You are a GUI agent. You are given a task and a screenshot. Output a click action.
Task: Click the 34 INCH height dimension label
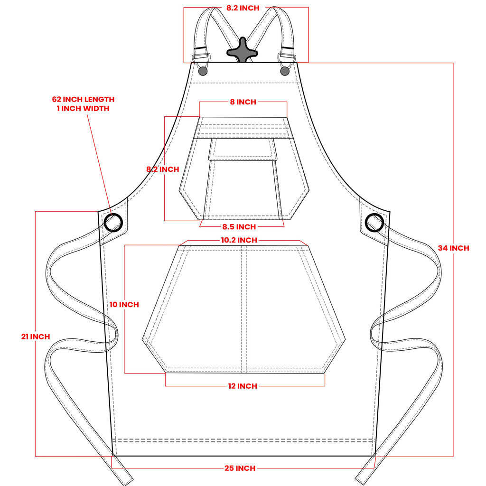coord(453,248)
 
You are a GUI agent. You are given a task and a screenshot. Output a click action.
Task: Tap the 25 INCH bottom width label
coord(240,468)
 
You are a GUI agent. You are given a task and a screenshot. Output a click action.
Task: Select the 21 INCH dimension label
coord(36,336)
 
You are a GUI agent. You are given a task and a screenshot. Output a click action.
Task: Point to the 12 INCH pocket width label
coord(243,386)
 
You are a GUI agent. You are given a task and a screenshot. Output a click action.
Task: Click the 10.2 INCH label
coord(239,240)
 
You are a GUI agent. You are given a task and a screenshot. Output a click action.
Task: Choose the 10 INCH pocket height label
coord(124,305)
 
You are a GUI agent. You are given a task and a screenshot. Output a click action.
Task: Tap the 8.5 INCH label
coord(239,227)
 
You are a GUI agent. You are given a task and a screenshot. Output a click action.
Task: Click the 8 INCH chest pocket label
coord(243,102)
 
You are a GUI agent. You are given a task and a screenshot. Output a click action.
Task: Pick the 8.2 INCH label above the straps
coord(243,8)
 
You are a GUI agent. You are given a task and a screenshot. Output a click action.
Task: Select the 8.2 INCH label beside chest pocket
coord(163,169)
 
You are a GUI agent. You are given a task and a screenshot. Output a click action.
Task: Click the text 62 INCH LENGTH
coord(83,100)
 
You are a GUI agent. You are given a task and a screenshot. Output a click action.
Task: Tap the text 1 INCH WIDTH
coord(83,109)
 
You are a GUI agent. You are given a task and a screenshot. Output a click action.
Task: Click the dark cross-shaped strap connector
coord(242,50)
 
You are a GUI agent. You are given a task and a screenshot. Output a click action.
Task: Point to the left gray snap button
coord(203,71)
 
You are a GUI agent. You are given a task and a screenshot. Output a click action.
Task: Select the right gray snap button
coord(285,71)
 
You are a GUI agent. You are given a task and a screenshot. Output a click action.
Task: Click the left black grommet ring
coord(113,223)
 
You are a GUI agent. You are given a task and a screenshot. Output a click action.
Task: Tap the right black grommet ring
coord(374,223)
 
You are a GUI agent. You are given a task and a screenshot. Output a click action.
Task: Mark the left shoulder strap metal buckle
coord(201,58)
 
